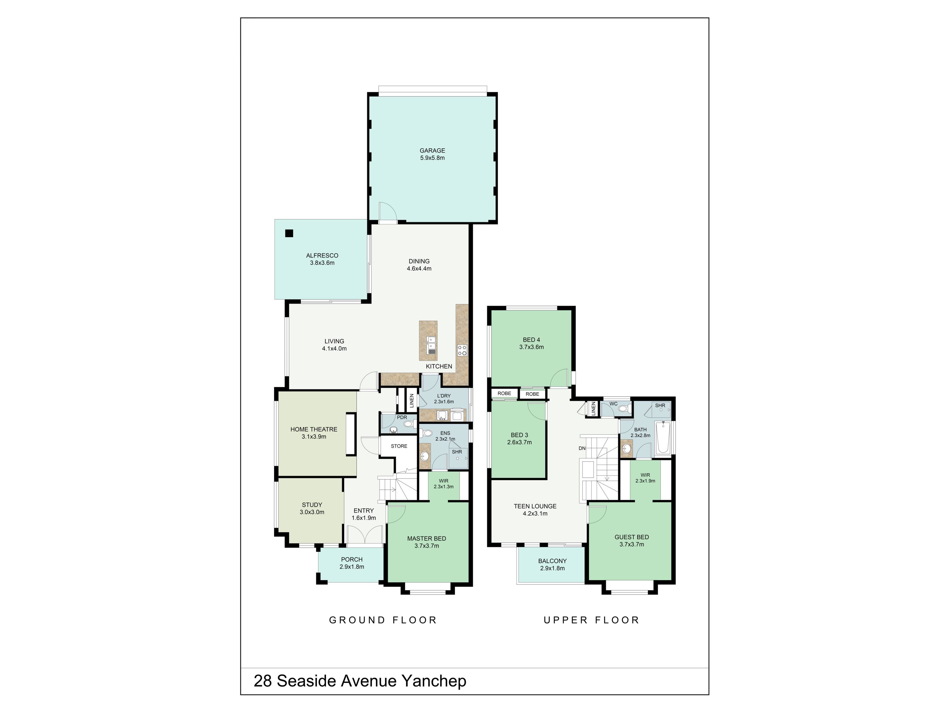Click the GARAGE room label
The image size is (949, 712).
click(432, 151)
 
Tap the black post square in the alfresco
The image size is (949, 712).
click(289, 233)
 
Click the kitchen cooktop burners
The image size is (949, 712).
click(462, 350)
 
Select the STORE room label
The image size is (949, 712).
click(399, 446)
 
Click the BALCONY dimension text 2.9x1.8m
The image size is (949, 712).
click(553, 568)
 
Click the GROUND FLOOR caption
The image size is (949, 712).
click(383, 620)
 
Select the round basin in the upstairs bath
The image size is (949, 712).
click(627, 449)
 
